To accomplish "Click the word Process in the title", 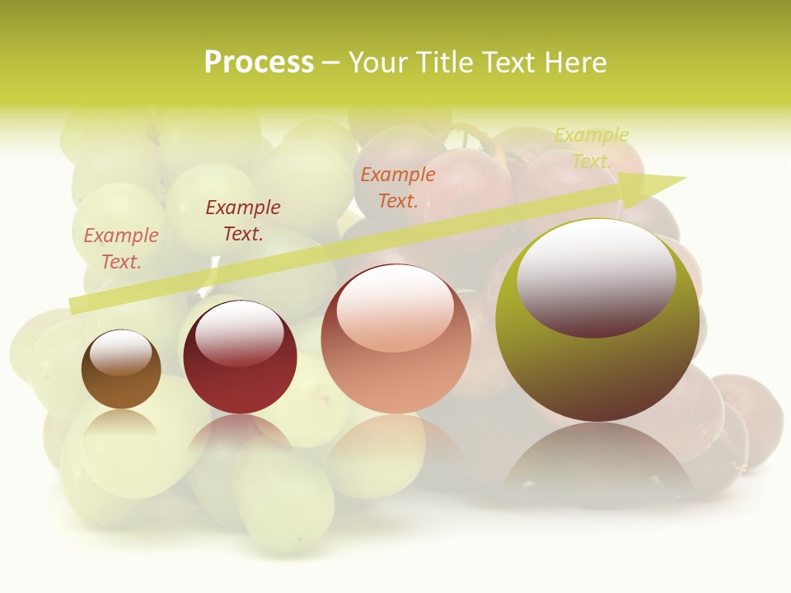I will (259, 63).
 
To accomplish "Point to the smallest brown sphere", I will (121, 370).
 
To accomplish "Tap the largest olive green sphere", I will (597, 362).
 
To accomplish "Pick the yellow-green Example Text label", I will (592, 147).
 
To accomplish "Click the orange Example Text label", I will (398, 187).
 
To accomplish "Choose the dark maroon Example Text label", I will (243, 221).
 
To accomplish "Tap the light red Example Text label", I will (121, 248).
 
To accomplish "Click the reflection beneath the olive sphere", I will (597, 457).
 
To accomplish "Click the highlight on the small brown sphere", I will (120, 353).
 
